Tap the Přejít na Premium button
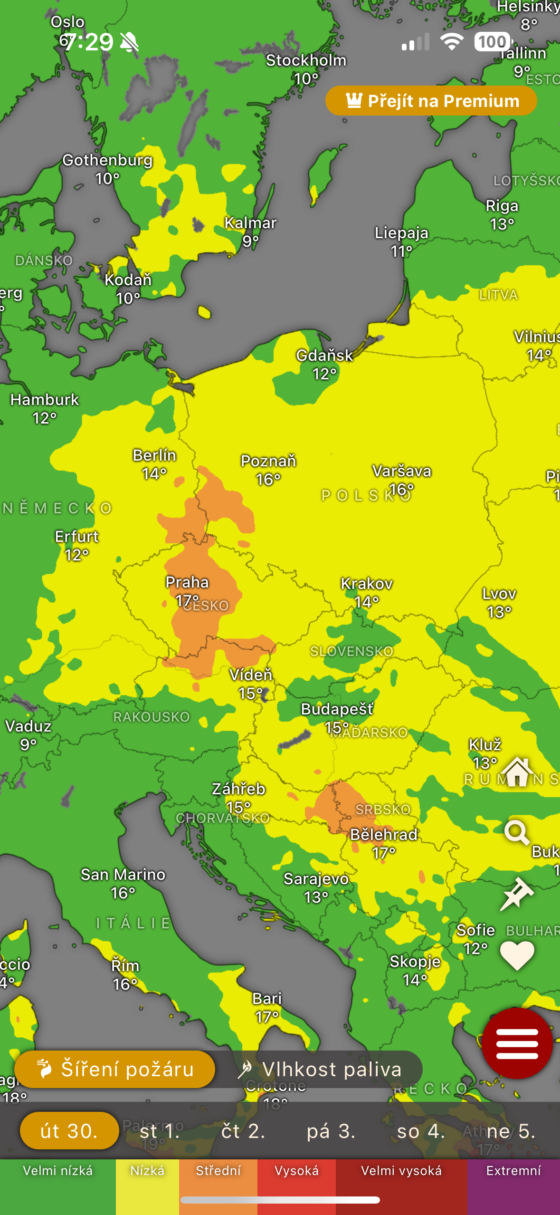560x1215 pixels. (x=431, y=101)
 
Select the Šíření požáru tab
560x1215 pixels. (x=115, y=1069)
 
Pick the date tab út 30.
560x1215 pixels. (x=69, y=1131)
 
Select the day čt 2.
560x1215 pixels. (x=243, y=1131)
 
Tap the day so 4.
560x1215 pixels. (x=421, y=1131)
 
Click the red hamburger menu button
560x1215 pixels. (x=517, y=1043)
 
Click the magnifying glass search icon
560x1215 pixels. (x=517, y=832)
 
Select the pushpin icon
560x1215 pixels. (x=517, y=894)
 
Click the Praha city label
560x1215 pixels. (x=187, y=582)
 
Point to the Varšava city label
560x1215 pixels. (x=402, y=471)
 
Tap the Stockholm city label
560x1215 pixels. (x=306, y=61)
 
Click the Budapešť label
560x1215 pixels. (x=337, y=709)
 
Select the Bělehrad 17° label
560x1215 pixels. (x=384, y=843)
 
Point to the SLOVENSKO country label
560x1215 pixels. (x=351, y=651)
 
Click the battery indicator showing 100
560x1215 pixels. (x=493, y=42)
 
